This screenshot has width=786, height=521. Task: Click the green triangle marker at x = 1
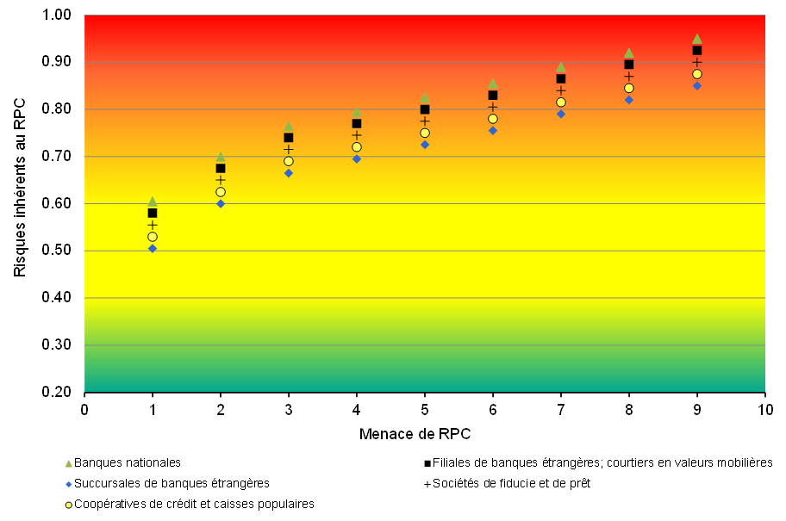153,202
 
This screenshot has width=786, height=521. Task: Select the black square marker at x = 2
221,168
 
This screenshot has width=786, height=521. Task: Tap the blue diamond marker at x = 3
289,173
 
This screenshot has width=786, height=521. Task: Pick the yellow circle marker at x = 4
357,147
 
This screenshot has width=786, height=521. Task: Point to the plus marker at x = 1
153,225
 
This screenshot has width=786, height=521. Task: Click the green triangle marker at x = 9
697,39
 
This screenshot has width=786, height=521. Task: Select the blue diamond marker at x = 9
697,85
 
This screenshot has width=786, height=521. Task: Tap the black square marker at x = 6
493,96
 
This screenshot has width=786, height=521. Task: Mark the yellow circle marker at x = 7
561,102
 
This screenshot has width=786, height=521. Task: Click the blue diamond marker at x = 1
153,249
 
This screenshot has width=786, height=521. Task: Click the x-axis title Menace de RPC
415,432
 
